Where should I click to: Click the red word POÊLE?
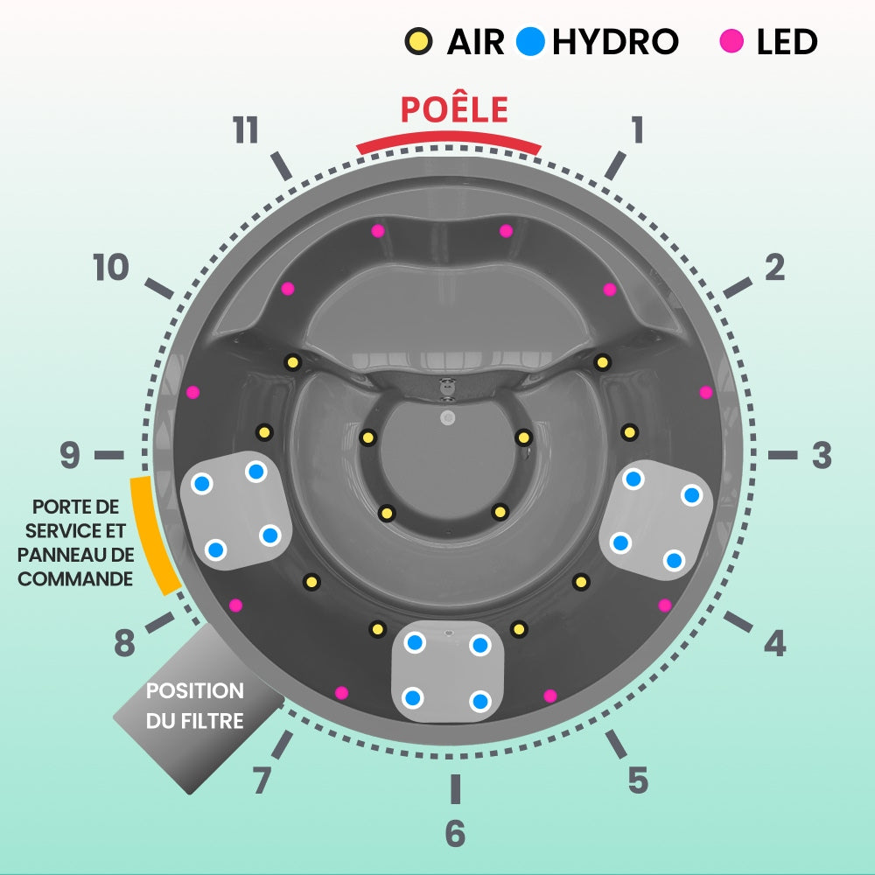click(454, 110)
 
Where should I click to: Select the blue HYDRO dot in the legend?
click(531, 40)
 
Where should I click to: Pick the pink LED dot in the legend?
click(731, 40)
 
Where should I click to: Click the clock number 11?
click(246, 131)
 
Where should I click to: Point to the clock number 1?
click(638, 129)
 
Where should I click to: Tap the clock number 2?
click(774, 269)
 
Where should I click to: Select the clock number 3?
click(821, 455)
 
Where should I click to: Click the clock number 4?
click(774, 644)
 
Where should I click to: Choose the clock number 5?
click(638, 780)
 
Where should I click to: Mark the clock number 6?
click(455, 834)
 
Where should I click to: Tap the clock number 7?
click(262, 780)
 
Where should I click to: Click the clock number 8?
click(125, 645)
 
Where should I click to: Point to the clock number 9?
click(70, 455)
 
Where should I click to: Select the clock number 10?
click(111, 269)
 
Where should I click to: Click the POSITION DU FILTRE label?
click(194, 705)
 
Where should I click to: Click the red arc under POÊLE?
click(449, 140)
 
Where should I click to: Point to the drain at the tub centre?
click(449, 418)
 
